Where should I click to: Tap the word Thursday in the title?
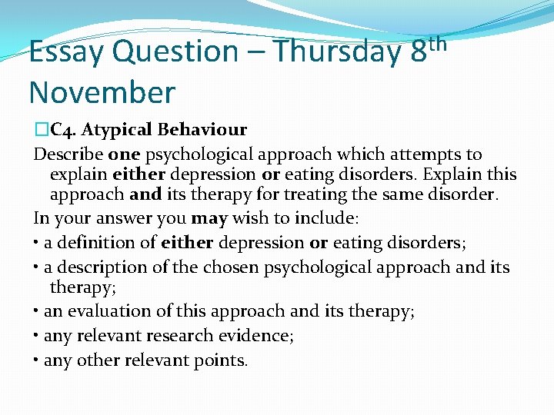click(339, 52)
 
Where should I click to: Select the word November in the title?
click(102, 92)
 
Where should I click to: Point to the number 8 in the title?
click(419, 52)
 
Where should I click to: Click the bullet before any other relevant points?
click(37, 360)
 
